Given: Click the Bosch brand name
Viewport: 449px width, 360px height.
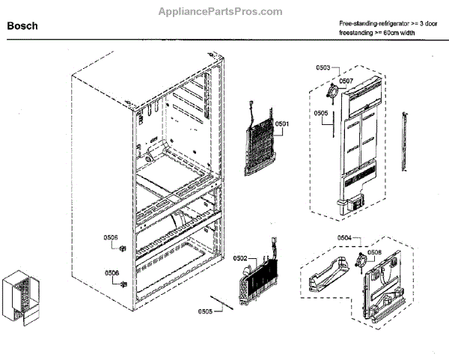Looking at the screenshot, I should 22,25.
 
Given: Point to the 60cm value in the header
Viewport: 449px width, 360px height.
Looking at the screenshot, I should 392,34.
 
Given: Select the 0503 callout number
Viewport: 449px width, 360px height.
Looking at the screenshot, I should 323,68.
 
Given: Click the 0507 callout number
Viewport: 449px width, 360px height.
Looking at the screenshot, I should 345,81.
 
